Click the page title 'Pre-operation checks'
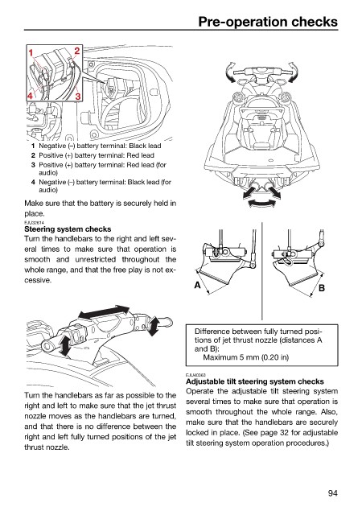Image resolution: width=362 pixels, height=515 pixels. (268, 22)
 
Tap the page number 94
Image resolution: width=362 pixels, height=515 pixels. (332, 493)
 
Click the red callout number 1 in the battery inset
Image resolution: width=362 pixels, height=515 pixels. (31, 52)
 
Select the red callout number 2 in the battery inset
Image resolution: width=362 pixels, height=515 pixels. (77, 51)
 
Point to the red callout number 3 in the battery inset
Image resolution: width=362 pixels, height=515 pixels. (78, 97)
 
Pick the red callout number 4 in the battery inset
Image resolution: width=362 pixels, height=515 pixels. (31, 96)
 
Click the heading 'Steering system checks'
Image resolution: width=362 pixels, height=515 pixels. (68, 229)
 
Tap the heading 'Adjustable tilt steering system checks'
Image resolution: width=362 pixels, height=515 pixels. (255, 381)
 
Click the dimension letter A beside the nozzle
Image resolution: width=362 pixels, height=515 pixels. (197, 285)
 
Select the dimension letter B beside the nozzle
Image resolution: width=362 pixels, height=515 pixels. (322, 288)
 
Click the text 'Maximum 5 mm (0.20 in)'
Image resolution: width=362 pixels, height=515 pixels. (245, 357)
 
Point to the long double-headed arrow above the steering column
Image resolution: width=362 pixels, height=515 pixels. (104, 311)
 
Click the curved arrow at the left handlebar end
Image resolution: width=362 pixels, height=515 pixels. (231, 72)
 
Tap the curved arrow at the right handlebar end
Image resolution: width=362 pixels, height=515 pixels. (294, 72)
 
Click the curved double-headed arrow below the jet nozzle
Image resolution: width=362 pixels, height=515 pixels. (261, 204)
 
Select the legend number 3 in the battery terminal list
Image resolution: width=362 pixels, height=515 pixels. (33, 165)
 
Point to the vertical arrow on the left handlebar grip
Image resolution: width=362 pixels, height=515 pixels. (64, 345)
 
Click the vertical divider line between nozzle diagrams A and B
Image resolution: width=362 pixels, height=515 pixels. (261, 271)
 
